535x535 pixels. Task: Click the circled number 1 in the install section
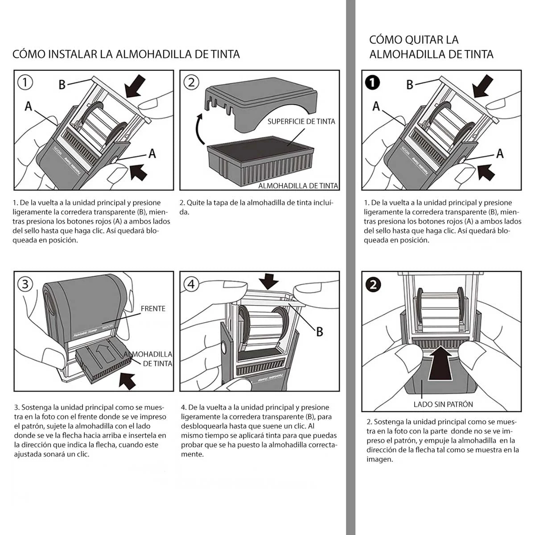[25, 82]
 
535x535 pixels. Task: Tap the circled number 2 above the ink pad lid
[191, 82]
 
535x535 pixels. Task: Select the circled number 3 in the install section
[25, 284]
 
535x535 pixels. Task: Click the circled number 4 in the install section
[191, 284]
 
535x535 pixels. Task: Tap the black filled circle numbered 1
[373, 82]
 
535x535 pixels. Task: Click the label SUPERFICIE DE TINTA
[301, 121]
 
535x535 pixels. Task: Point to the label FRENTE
[153, 309]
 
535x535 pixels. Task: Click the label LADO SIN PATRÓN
[443, 404]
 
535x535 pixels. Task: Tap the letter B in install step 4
[319, 332]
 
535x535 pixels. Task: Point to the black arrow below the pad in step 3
[128, 380]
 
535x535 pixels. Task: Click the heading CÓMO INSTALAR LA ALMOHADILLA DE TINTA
[126, 54]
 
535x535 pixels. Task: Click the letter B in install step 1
[62, 84]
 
